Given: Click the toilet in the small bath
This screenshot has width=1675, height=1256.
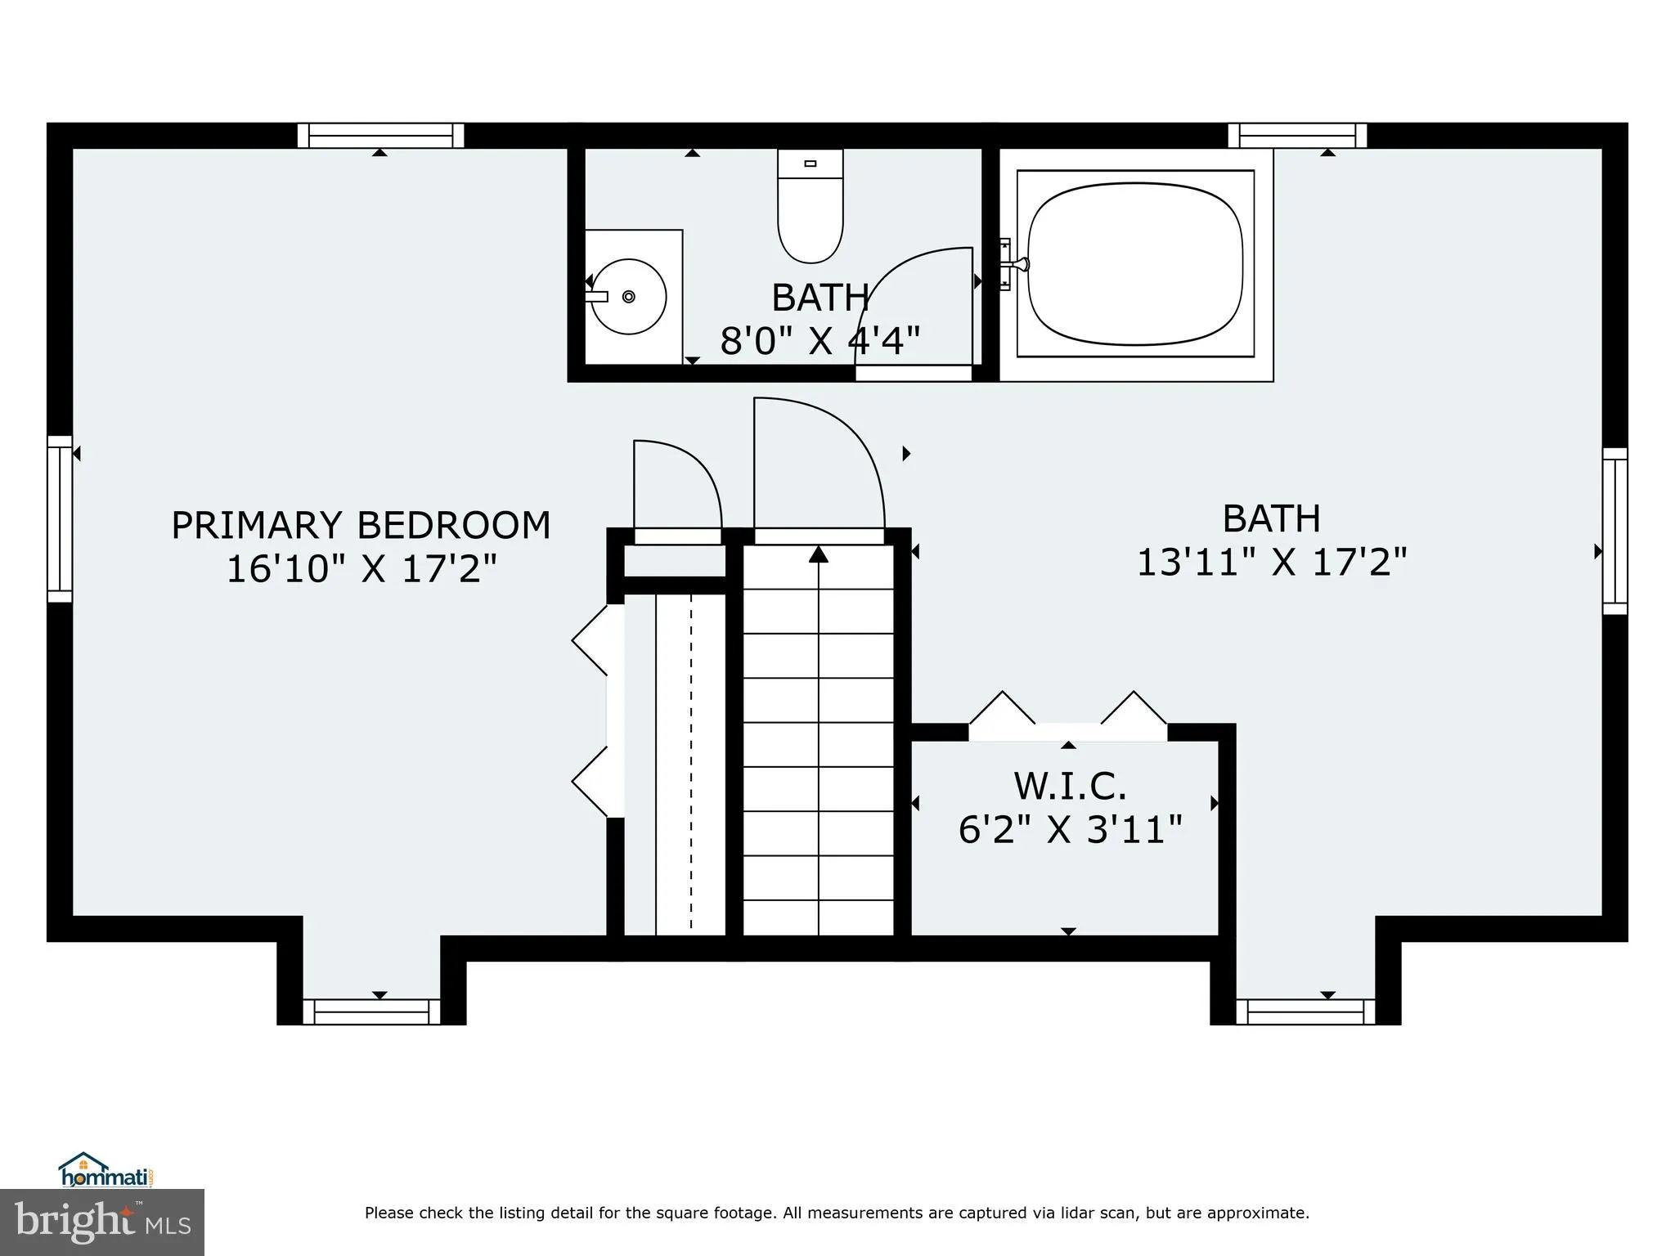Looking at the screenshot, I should pos(810,209).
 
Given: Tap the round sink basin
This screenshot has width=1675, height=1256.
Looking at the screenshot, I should pos(628,296).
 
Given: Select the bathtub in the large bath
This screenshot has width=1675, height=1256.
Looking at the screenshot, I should pos(1135,263).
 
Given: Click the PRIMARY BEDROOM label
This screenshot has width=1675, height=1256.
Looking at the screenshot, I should pos(361,525).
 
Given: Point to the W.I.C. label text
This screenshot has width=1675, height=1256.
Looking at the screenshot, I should pos(1070,786).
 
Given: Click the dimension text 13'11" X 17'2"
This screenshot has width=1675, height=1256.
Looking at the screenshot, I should pos(1272,563).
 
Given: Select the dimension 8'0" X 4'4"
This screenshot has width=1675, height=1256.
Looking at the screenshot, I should pos(820,340).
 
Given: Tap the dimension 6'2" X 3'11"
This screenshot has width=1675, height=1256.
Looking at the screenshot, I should pos(1070,830).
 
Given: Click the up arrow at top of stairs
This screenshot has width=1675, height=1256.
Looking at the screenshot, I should pos(819,555).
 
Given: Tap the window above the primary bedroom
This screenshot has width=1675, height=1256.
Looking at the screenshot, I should pos(380,135).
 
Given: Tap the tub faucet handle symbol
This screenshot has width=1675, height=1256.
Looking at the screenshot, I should pos(1014,263).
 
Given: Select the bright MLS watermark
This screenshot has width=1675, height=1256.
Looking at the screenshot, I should pos(102,1222).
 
